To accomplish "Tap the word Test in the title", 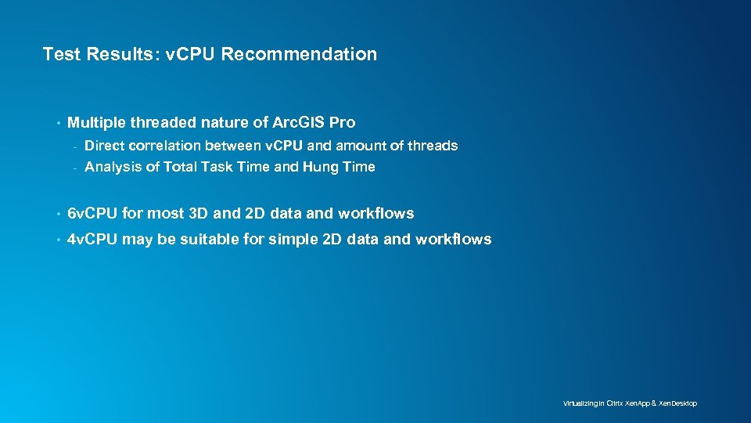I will point(59,54).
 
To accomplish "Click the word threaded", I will point(162,122).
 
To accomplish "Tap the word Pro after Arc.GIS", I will point(343,122).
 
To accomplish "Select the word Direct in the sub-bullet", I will point(104,146).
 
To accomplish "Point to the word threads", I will point(432,146).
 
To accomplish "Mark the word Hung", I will point(319,167).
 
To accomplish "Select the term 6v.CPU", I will point(93,213).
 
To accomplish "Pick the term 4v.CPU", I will point(93,240).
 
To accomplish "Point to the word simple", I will point(293,240).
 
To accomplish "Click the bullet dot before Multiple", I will point(58,123).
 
